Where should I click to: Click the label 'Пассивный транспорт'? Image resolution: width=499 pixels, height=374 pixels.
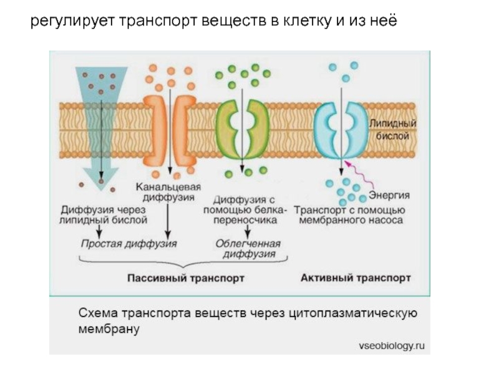pos(186,278)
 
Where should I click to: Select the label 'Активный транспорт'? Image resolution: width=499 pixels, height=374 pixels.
pos(356,278)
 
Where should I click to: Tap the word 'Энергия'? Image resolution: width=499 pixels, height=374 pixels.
pos(389,195)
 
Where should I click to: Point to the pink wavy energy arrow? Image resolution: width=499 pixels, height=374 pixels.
pos(360,175)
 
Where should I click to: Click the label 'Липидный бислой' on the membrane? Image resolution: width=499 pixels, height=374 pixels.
pos(393,130)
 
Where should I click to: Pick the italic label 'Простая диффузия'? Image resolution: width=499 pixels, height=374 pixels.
pos(128,244)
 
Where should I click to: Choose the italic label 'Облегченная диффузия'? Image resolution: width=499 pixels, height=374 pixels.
pos(248,249)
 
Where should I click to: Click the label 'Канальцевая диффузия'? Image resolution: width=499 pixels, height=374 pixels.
pos(168,192)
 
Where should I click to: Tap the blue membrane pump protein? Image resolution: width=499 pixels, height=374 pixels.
pos(341,130)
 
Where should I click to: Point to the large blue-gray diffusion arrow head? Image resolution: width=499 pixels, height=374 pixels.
pos(101,178)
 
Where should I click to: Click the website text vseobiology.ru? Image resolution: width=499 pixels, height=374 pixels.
pos(392,346)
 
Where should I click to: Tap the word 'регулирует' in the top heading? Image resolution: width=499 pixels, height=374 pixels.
pos(72,21)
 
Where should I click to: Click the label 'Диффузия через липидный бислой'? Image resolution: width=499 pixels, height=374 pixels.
pos(103,215)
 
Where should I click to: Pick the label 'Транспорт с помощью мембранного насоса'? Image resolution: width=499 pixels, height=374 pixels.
pos(350,215)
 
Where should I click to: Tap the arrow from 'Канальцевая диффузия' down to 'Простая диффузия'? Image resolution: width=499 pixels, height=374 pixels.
pos(168,221)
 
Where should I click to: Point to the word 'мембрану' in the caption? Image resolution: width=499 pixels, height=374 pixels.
pos(109,329)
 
